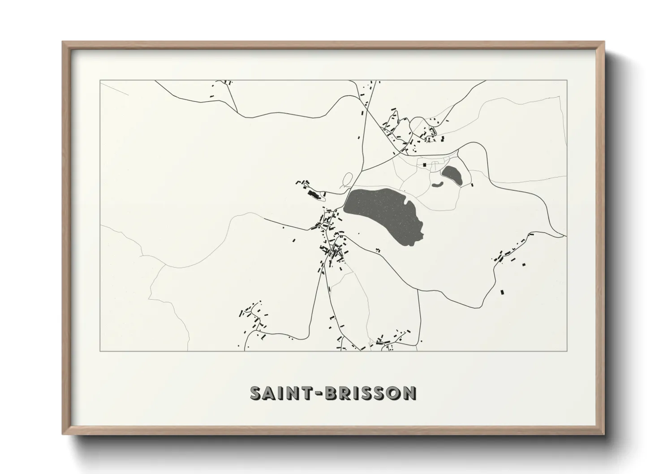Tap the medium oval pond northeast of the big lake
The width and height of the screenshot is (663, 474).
coord(452,174)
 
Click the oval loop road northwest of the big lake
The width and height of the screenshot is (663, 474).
coord(348,180)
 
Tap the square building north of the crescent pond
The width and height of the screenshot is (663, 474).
coord(424,164)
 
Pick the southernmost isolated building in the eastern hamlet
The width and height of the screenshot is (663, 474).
coord(502,292)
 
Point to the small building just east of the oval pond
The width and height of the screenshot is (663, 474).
coord(472,184)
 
